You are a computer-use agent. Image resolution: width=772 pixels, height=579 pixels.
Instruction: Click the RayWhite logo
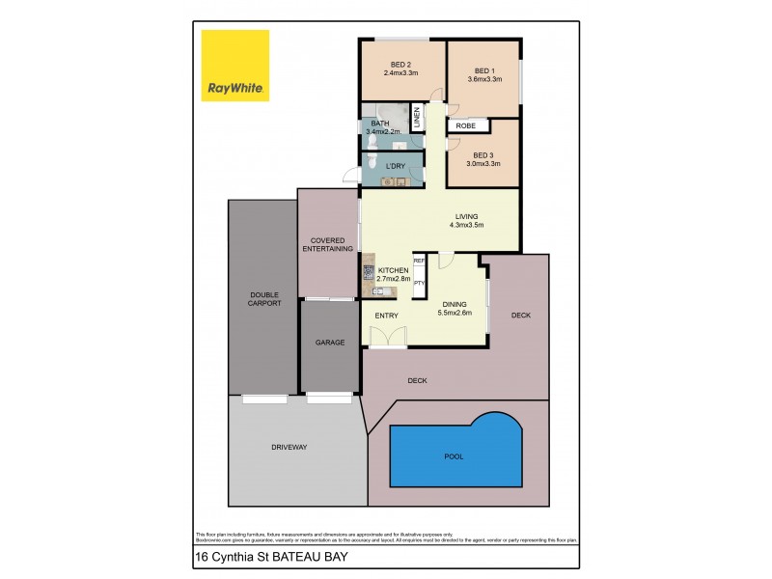click(234, 66)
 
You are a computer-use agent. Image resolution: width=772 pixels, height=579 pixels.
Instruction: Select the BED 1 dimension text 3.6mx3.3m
click(483, 79)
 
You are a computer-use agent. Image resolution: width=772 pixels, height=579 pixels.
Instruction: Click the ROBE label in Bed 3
click(467, 125)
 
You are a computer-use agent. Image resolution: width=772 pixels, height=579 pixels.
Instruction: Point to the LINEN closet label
click(417, 119)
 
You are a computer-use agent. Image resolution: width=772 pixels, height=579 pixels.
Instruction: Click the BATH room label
click(379, 124)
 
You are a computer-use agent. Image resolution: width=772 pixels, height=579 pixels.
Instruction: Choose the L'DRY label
click(395, 167)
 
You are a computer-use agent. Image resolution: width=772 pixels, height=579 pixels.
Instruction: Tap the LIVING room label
click(466, 215)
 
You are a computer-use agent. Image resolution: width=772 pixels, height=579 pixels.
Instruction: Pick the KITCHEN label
click(394, 270)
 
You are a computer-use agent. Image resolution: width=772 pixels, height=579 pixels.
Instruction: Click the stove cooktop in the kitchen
click(368, 260)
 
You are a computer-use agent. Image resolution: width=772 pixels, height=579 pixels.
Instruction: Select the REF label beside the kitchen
click(419, 261)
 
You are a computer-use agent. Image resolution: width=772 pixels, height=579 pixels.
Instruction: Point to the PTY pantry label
click(419, 283)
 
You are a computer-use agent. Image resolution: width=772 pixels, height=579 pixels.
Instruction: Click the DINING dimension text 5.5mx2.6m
click(455, 312)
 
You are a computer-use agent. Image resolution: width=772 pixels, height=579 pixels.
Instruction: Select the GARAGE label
click(330, 343)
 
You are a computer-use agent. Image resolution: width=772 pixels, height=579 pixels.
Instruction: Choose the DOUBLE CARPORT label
click(264, 298)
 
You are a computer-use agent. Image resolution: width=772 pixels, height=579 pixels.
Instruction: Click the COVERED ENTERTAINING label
click(328, 245)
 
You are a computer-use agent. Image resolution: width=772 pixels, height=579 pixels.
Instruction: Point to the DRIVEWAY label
click(289, 447)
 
